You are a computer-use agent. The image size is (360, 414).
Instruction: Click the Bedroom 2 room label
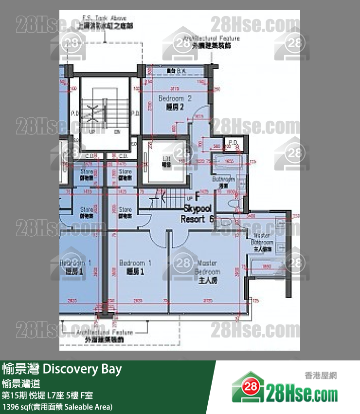click(175, 102)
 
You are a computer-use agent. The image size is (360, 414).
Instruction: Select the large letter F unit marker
click(197, 197)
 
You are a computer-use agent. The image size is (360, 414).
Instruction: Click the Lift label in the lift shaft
click(166, 162)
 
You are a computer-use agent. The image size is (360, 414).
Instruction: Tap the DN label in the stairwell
click(117, 132)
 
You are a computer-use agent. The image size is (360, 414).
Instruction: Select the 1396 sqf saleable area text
click(57, 406)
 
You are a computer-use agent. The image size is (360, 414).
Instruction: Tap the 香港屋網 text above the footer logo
click(321, 375)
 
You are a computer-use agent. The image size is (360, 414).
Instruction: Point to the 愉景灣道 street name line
click(21, 383)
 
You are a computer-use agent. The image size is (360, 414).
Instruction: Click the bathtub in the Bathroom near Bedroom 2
click(227, 162)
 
